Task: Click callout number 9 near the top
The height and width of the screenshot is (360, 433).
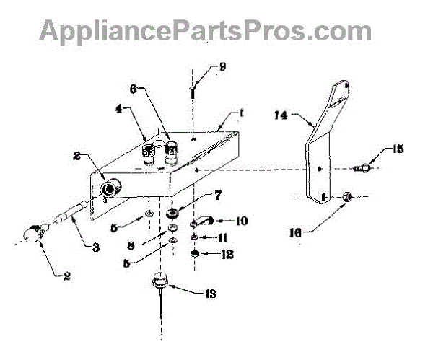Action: [223, 68]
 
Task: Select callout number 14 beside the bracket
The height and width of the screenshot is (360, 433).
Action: [281, 114]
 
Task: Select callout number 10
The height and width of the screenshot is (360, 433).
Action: [242, 220]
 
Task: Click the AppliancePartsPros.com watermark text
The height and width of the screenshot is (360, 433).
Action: [206, 31]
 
